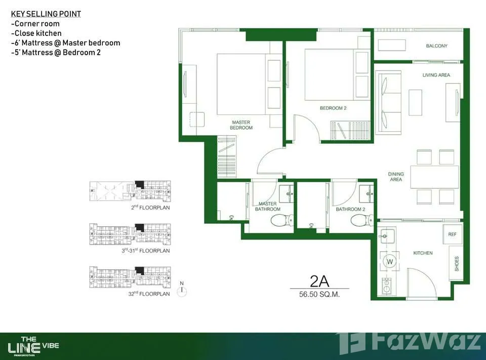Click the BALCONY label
coord(436,46)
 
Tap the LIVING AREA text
coord(436,75)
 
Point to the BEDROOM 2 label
coord(333,108)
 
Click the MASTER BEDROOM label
coord(241,125)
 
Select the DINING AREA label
coord(396,177)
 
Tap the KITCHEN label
coord(423,253)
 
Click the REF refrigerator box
coord(452,234)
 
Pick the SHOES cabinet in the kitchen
coord(456,264)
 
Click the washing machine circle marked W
coord(390,261)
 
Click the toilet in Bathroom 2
coord(361,221)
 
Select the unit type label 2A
coord(319,281)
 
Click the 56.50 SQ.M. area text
coord(319,294)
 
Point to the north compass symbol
coord(182,290)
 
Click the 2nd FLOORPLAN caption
coord(150,208)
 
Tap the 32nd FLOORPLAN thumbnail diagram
coord(130,277)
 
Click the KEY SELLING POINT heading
coord(46,14)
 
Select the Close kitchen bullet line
coord(36,33)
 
